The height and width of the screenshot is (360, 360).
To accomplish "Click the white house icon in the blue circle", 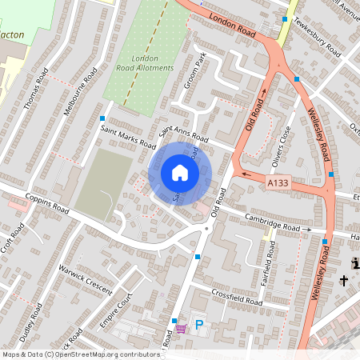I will pyautogui.click(x=180, y=173).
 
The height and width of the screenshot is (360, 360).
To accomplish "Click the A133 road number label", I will pyautogui.click(x=278, y=185).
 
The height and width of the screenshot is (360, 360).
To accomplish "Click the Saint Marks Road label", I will pyautogui.click(x=127, y=136).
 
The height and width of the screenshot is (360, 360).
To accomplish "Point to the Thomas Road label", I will pyautogui.click(x=37, y=88).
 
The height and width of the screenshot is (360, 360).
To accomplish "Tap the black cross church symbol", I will pyautogui.click(x=344, y=281).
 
